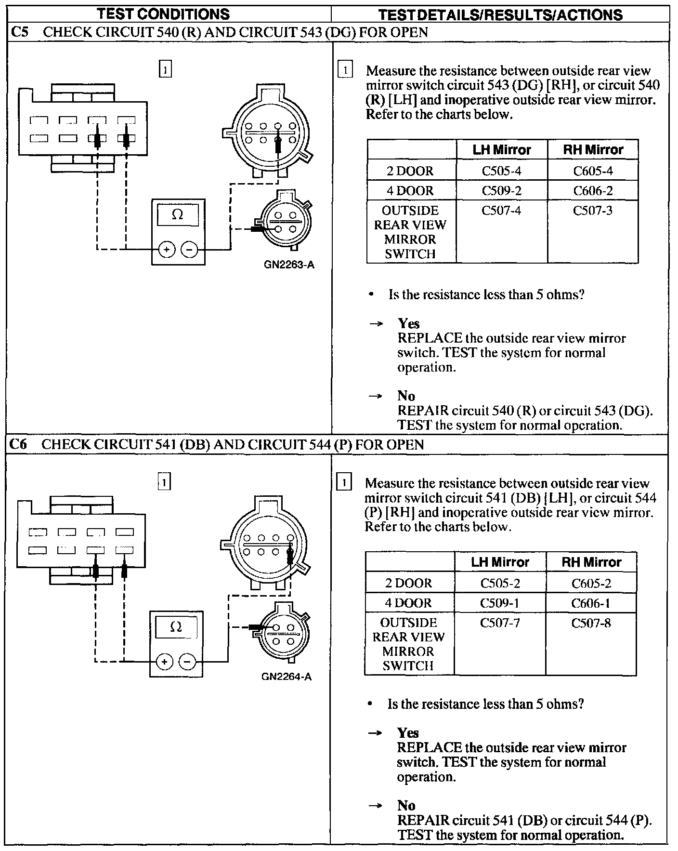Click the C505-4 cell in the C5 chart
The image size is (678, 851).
(501, 171)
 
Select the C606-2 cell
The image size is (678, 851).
(593, 191)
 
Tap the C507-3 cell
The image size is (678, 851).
(593, 211)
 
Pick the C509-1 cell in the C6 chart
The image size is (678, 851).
(500, 603)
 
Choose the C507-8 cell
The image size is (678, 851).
(591, 623)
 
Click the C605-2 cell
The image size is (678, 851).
(591, 584)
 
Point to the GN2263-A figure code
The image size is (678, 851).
(289, 265)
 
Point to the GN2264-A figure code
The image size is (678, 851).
(287, 677)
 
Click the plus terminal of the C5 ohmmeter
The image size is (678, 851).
(167, 250)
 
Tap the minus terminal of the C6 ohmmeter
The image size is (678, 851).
(187, 662)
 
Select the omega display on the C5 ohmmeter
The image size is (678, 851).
(178, 214)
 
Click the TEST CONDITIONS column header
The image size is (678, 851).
(163, 14)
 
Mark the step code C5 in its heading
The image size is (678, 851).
(20, 32)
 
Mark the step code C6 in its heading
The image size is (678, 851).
(19, 444)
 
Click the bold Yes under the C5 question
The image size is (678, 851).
(408, 324)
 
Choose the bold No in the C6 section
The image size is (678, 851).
(406, 805)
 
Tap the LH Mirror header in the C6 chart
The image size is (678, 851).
(500, 562)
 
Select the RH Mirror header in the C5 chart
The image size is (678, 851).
(593, 150)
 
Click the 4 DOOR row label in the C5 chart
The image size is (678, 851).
(410, 191)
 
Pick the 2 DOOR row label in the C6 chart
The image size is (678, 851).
(408, 584)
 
